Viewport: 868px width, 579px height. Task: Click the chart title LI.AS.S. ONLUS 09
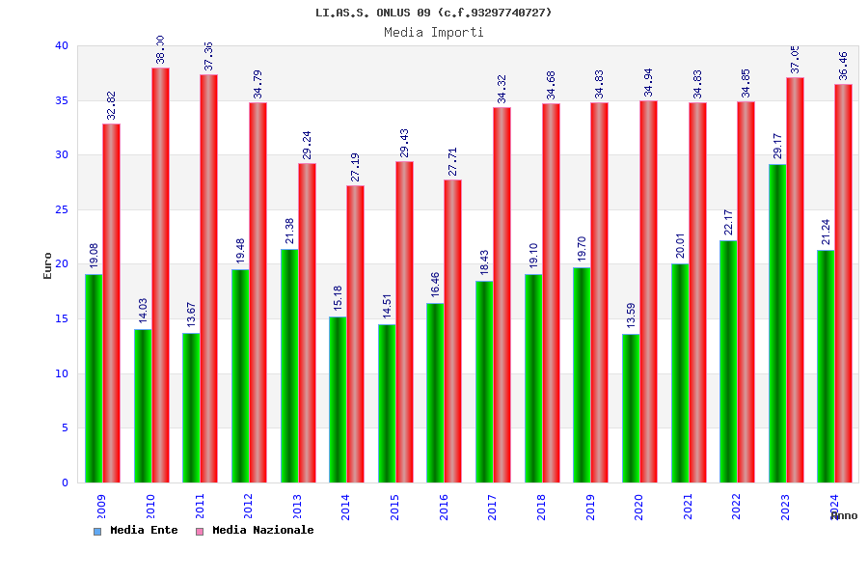[x=433, y=13]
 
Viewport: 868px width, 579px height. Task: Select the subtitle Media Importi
[x=433, y=32]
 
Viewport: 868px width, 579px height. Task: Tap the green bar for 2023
[x=777, y=323]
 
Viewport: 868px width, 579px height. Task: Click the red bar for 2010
[x=160, y=275]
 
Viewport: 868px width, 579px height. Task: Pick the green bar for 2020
[x=631, y=408]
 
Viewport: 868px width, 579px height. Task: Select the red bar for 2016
[x=453, y=331]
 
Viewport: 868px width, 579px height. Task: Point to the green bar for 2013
[x=289, y=366]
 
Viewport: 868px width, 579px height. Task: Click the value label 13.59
[x=631, y=317]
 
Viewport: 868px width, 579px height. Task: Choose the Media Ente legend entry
[x=136, y=531]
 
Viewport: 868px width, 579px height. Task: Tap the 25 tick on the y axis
[x=62, y=209]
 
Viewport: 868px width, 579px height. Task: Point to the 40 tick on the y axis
[x=62, y=45]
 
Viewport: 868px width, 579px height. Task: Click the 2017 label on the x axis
[x=493, y=508]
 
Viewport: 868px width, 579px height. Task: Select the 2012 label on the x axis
[x=249, y=508]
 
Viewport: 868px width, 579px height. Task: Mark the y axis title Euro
[x=48, y=265]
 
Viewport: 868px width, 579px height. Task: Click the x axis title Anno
[x=844, y=516]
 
